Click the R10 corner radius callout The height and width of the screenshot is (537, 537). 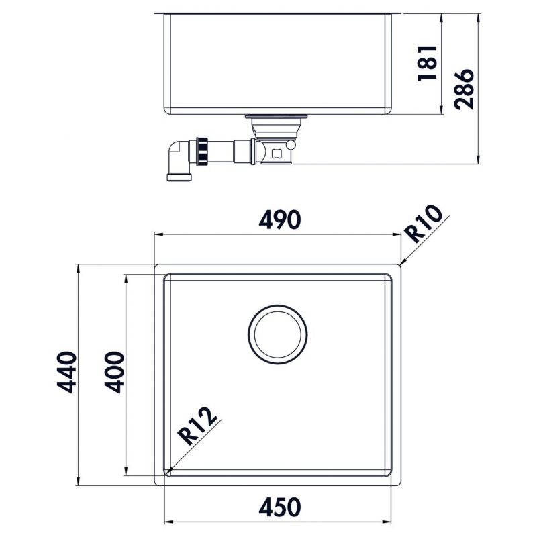425,226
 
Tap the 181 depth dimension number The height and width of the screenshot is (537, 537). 427,64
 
